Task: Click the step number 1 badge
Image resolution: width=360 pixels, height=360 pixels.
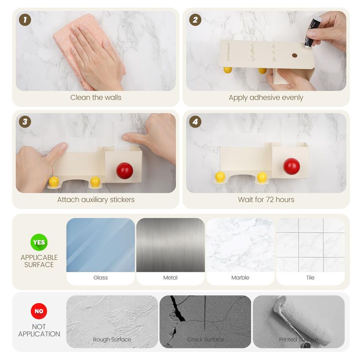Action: pos(25,20)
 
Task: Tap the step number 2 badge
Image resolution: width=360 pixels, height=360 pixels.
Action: pos(195,20)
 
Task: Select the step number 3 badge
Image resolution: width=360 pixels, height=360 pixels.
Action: pos(25,121)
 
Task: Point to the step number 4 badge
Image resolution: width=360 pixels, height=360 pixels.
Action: pos(195,121)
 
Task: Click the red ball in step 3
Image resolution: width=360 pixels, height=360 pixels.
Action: pos(125,171)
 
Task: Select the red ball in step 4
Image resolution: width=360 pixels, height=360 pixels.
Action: pos(291,166)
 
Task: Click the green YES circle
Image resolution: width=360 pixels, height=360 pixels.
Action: pos(39,242)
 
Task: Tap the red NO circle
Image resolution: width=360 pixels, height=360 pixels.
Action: pos(39,311)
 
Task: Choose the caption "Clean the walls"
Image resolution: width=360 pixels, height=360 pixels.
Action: pos(96,97)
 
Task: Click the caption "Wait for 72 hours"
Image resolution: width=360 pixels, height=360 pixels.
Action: pos(266,199)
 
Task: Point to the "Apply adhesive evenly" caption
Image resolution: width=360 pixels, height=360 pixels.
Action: pos(266,98)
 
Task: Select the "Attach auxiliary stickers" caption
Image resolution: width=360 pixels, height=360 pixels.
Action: pos(96,199)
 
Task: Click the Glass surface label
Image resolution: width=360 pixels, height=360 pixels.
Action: pos(100,278)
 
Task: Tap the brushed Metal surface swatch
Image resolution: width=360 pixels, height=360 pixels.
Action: pos(171,245)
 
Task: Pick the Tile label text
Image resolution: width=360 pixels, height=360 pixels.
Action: pos(310,278)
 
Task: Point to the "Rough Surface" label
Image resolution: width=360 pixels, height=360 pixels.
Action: pos(112,339)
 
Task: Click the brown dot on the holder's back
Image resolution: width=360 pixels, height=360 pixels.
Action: pos(295,55)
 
